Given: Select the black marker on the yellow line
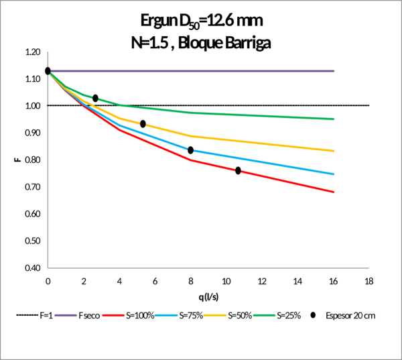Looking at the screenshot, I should click(x=143, y=123).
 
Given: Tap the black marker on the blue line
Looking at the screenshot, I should click(x=190, y=149).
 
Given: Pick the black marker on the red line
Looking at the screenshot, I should click(x=238, y=170).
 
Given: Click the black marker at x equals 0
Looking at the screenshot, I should click(x=48, y=70).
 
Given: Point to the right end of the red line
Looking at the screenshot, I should click(x=334, y=192).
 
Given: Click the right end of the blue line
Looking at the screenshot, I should click(x=334, y=174).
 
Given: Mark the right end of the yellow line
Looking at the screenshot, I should click(x=334, y=151).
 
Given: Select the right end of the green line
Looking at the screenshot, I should click(x=334, y=119).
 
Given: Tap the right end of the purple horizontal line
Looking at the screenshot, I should click(x=334, y=70).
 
